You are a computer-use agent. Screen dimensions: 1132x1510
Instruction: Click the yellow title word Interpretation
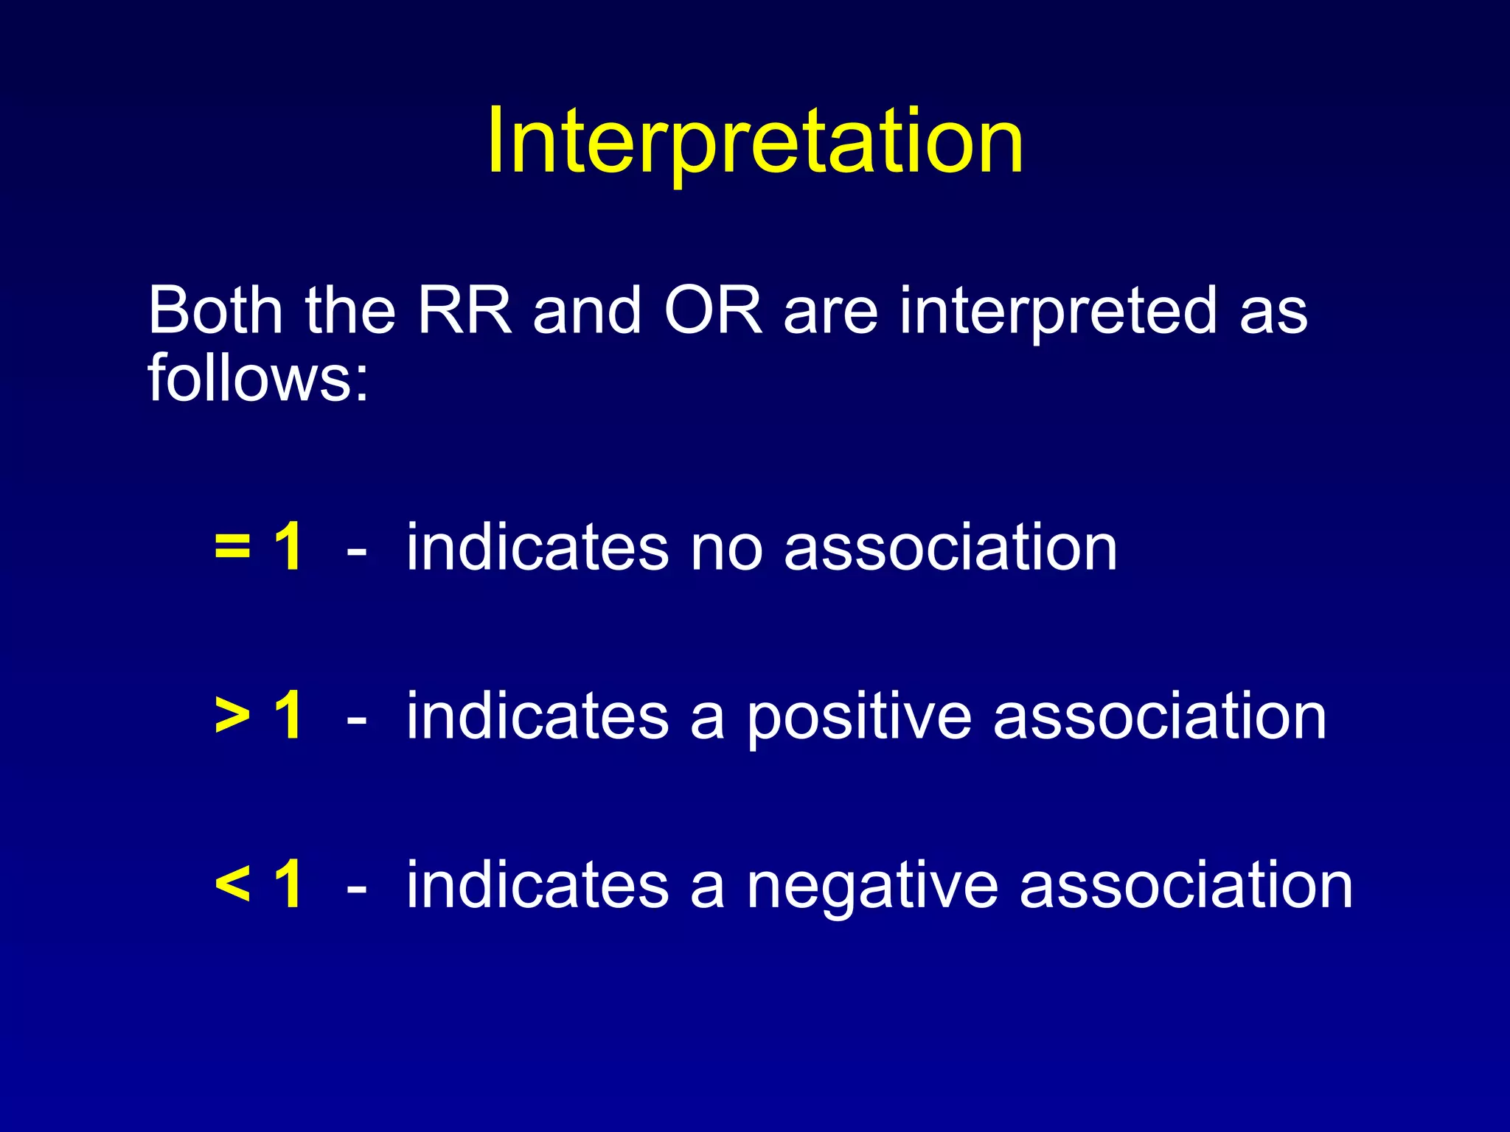pyautogui.click(x=754, y=141)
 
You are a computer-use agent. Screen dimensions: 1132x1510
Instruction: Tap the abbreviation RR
pyautogui.click(x=465, y=310)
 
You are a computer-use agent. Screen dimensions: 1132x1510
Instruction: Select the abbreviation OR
pyautogui.click(x=712, y=310)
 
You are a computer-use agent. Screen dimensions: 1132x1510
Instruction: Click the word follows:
pyautogui.click(x=258, y=378)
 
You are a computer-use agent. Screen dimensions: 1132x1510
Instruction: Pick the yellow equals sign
pyautogui.click(x=233, y=547)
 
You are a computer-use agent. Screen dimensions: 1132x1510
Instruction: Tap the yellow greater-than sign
pyautogui.click(x=233, y=716)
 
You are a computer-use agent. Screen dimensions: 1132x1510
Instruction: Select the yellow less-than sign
pyautogui.click(x=233, y=885)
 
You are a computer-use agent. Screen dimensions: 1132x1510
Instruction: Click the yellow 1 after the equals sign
pyautogui.click(x=288, y=547)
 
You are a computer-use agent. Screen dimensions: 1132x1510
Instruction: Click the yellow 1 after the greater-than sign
pyautogui.click(x=288, y=716)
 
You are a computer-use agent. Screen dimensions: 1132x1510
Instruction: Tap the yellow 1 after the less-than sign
pyautogui.click(x=288, y=884)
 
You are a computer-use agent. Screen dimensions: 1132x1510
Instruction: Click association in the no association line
pyautogui.click(x=950, y=548)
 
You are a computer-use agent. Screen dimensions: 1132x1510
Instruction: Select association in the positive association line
pyautogui.click(x=1160, y=717)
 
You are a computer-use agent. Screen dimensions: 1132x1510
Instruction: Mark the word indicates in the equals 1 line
pyautogui.click(x=537, y=547)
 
